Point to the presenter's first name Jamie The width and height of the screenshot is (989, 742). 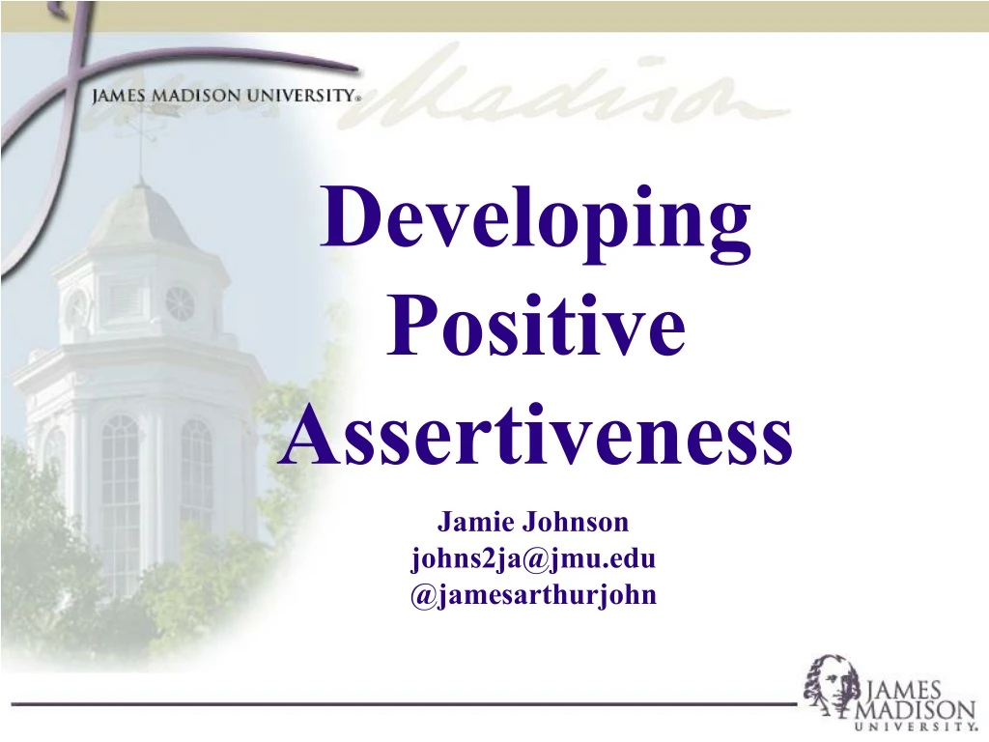pos(476,523)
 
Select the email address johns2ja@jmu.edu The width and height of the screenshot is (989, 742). pos(533,558)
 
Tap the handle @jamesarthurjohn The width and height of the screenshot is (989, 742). pos(533,594)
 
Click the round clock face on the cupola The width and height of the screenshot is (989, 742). pos(180,303)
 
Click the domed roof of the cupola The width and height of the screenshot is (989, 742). pos(142,217)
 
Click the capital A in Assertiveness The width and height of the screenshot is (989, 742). pos(302,437)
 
